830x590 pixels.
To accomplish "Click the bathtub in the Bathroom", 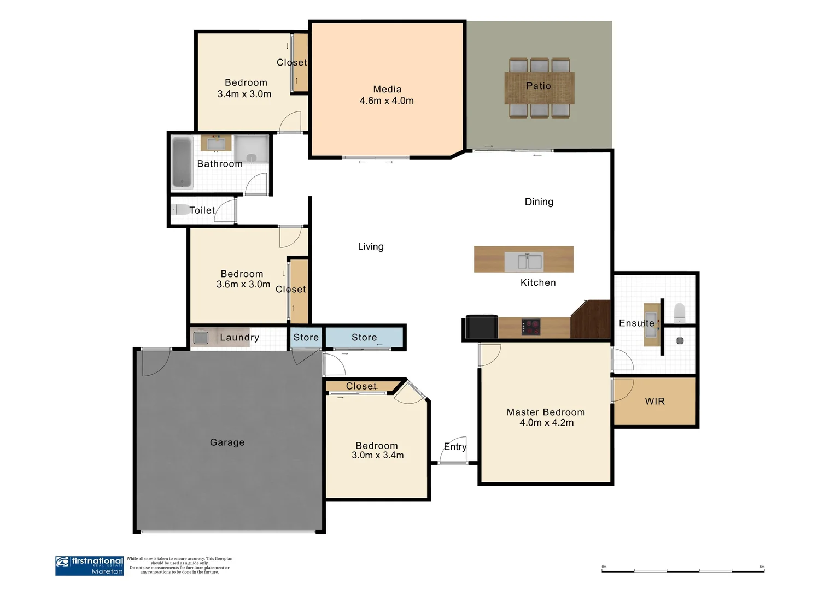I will [182, 162].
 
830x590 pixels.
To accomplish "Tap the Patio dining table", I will [539, 88].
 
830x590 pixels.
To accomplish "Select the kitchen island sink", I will [523, 261].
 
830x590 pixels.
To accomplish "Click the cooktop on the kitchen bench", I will [531, 327].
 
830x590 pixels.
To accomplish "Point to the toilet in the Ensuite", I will [680, 312].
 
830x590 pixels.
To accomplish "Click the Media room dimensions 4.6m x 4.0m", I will [387, 101].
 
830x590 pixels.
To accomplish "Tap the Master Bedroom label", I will [546, 412].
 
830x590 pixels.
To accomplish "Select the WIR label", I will [654, 402].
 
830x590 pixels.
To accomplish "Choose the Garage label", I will [227, 442].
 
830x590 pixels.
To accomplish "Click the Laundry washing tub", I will [201, 338].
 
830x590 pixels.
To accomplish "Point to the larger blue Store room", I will [364, 338].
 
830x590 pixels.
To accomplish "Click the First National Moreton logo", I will [90, 565].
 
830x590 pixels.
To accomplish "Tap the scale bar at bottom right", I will [683, 571].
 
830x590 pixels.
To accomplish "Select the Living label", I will [371, 247].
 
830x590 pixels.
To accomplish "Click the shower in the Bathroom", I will [252, 149].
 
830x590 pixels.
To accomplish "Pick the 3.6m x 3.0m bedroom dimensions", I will [243, 285].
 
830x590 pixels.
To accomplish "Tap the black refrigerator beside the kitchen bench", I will [481, 327].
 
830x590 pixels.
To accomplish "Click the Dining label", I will [539, 202].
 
